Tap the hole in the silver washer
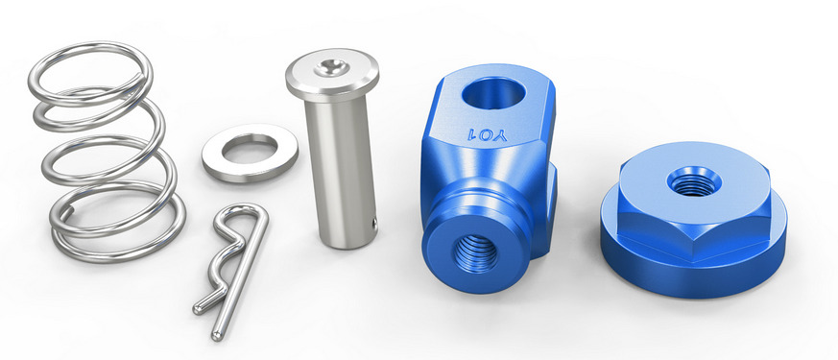pos(250,149)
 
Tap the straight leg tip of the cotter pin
pos(217,336)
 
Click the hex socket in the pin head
pos(332,67)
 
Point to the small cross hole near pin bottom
pos(374,224)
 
